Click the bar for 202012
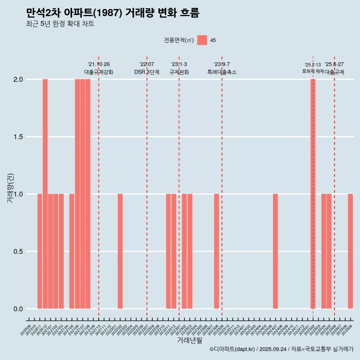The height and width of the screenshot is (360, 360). (x=45, y=194)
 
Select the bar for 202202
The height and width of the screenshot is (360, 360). (x=120, y=251)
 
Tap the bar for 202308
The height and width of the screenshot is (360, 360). (x=216, y=251)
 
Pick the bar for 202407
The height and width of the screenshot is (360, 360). (x=275, y=251)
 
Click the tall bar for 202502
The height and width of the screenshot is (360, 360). (x=313, y=194)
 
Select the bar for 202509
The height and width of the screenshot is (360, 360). (x=350, y=251)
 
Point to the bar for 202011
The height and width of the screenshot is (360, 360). (x=40, y=251)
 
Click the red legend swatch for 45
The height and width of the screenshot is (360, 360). (x=202, y=40)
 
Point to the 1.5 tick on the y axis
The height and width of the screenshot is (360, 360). (x=18, y=137)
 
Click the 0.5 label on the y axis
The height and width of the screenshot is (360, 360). (x=18, y=252)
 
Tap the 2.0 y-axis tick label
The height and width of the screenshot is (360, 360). (x=18, y=79)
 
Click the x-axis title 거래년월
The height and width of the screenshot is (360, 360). (x=189, y=340)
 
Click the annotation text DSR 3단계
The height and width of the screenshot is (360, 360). (x=147, y=72)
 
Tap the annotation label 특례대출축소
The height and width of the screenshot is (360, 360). (x=222, y=72)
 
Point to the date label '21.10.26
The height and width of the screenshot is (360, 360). (x=99, y=64)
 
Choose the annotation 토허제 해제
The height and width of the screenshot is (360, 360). (x=313, y=71)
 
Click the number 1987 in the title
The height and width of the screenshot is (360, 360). (x=109, y=13)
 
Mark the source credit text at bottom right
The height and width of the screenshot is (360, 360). (x=281, y=349)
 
